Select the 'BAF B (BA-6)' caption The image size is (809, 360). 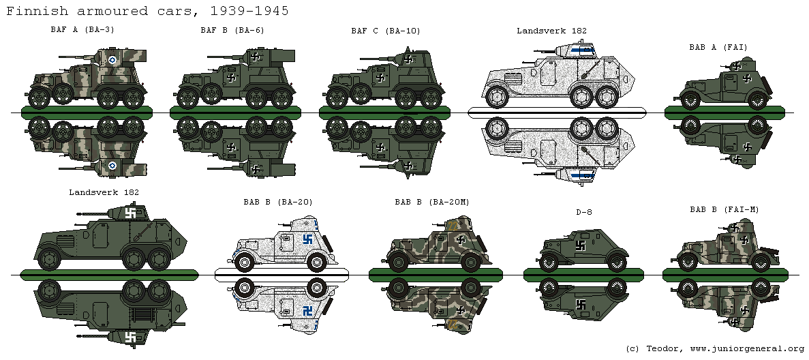tap(232, 30)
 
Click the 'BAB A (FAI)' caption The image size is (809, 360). tap(718, 47)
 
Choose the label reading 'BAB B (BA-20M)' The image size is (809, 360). tap(431, 202)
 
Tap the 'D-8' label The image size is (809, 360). tap(583, 212)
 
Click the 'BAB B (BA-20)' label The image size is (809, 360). tap(277, 202)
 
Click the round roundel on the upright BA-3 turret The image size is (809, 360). tap(112, 60)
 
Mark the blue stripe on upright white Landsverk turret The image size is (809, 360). tap(581, 48)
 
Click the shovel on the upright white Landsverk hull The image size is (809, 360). tap(590, 68)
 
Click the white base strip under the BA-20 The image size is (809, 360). tap(281, 274)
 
